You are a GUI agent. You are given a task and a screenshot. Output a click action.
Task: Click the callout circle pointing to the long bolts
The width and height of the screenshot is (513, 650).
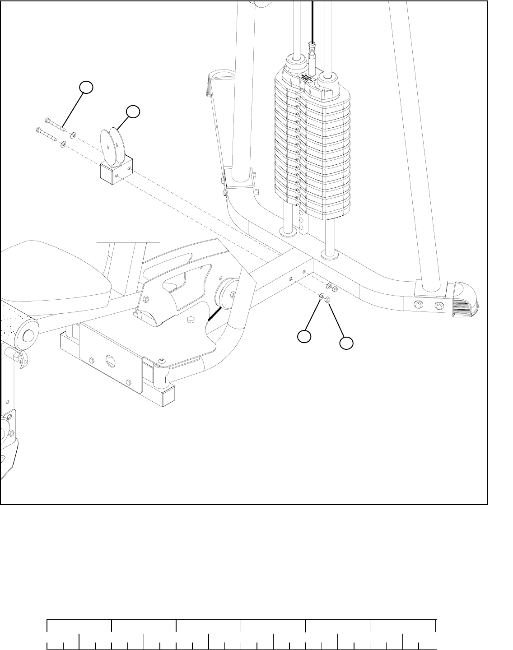tap(87, 88)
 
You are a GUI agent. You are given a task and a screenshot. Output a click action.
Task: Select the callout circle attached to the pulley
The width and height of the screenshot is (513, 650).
tap(133, 112)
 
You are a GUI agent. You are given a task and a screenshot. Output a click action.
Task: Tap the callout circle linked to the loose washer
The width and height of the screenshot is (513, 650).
tap(304, 336)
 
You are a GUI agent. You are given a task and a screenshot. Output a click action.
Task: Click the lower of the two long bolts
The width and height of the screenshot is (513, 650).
tap(47, 134)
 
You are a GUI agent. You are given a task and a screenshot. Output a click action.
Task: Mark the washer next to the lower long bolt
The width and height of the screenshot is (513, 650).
tap(63, 144)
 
